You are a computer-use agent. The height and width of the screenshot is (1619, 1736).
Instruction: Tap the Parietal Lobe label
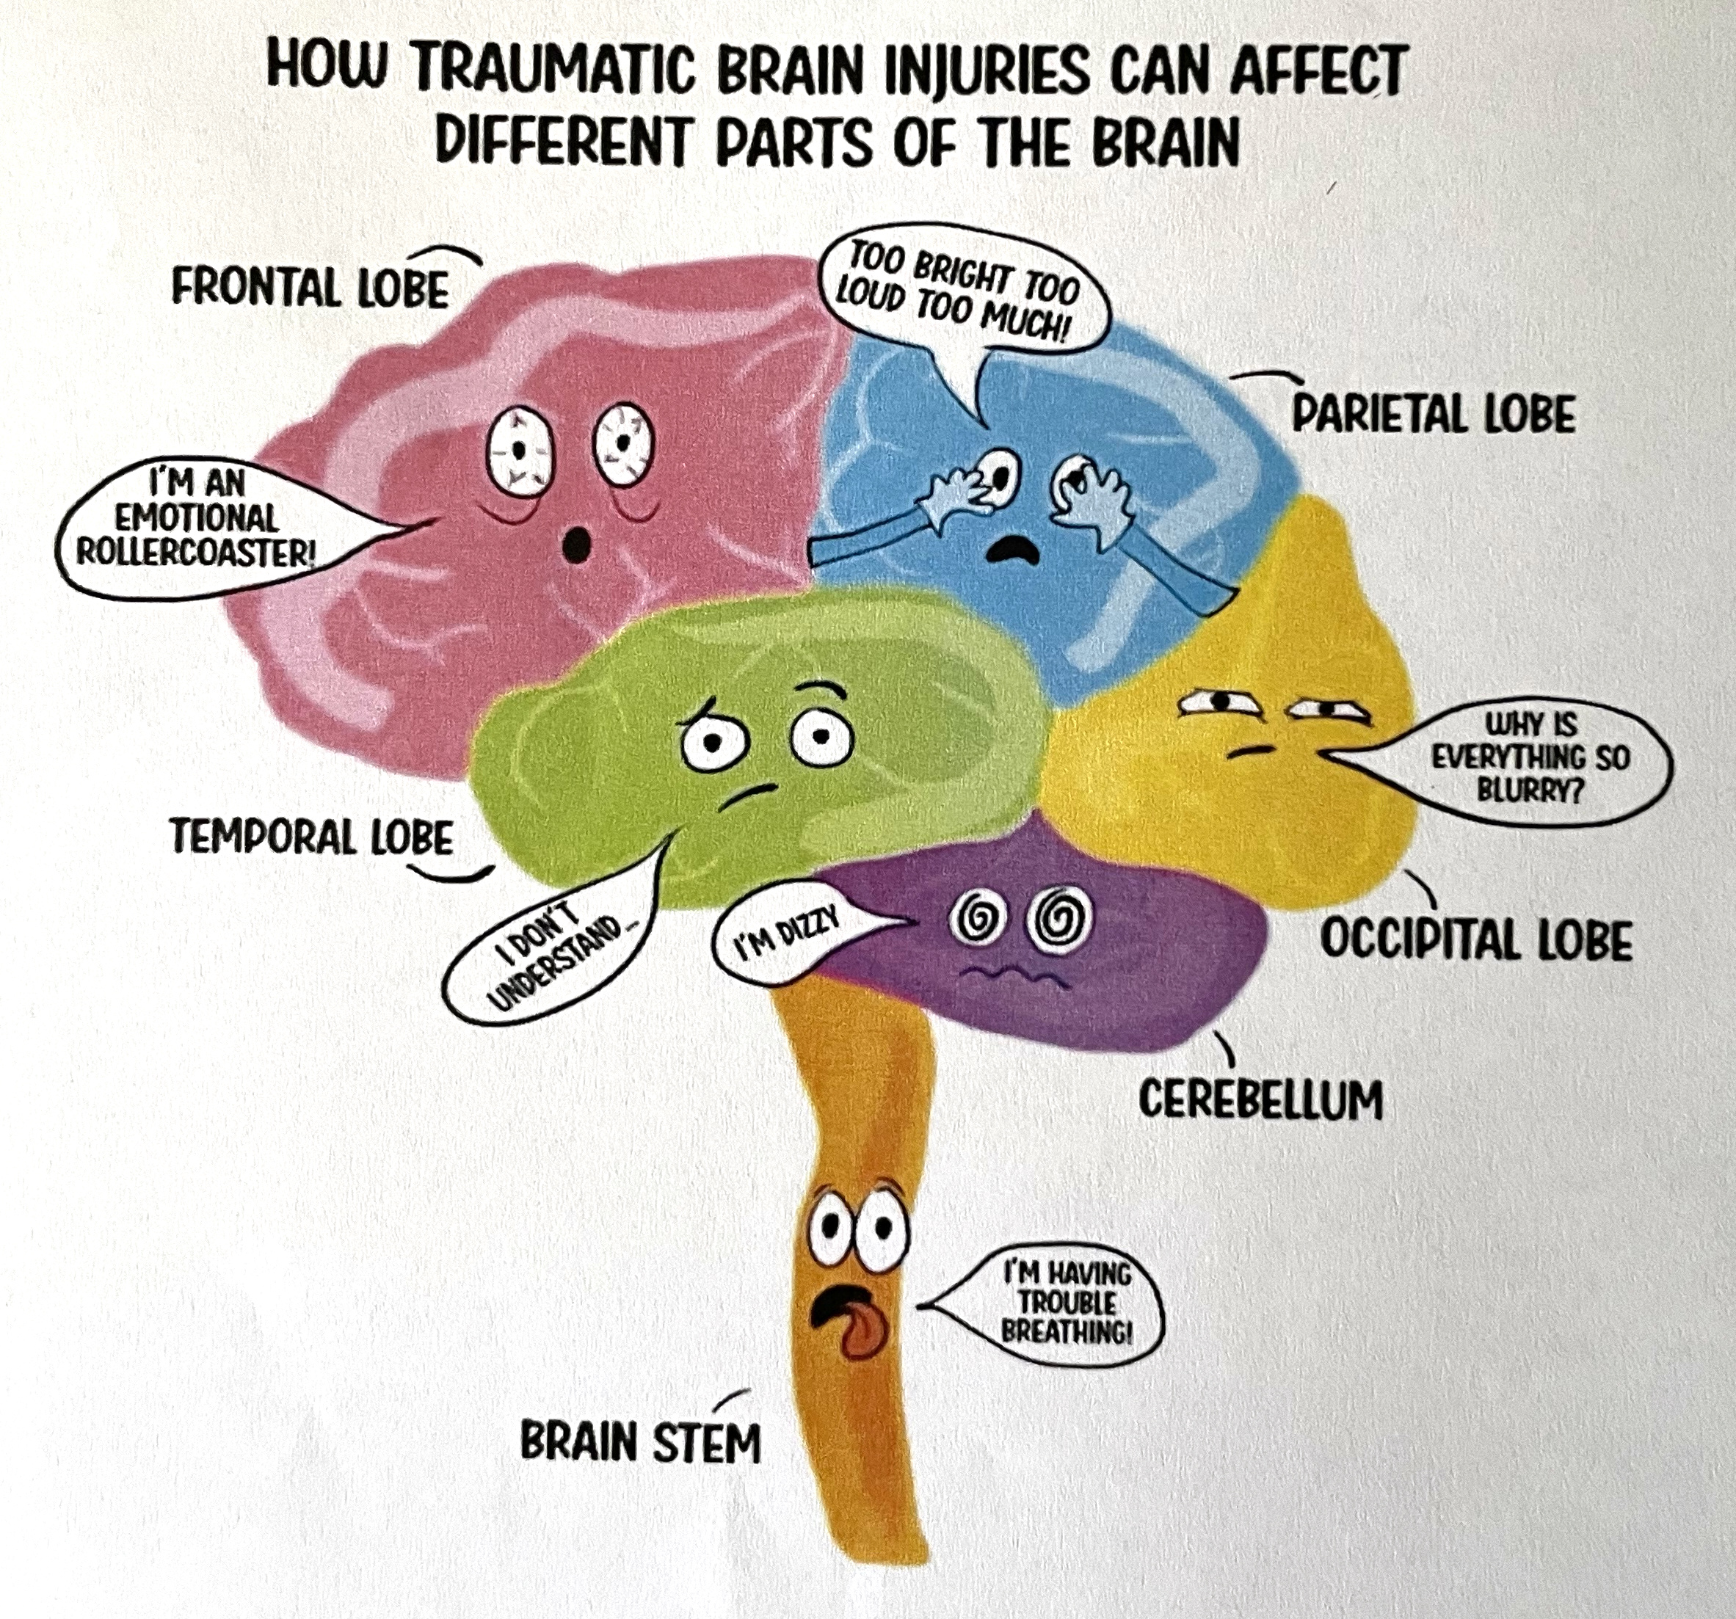[1433, 414]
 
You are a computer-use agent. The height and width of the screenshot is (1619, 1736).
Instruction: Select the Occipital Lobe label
[1475, 940]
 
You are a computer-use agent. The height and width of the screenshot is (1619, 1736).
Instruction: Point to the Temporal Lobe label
[312, 836]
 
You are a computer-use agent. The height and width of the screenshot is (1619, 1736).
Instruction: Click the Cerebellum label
[1260, 1099]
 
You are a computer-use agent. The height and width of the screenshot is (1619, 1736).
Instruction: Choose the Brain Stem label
[640, 1441]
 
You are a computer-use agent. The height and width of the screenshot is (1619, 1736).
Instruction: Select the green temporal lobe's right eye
[821, 738]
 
